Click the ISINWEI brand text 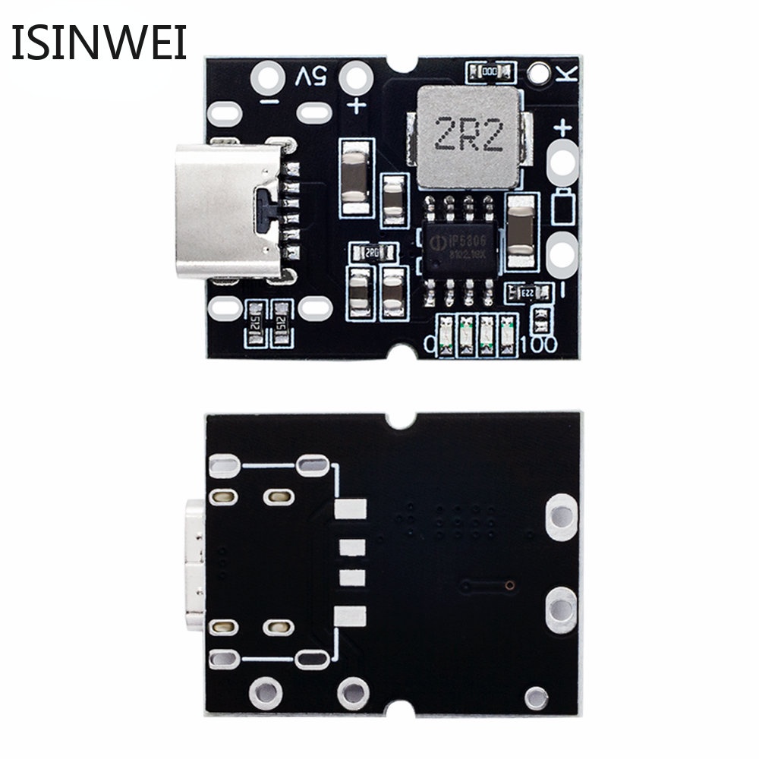click(x=99, y=43)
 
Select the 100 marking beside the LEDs click(x=538, y=344)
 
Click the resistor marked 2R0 click(x=372, y=253)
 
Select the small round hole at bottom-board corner click(x=537, y=694)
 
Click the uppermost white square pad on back click(x=350, y=509)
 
